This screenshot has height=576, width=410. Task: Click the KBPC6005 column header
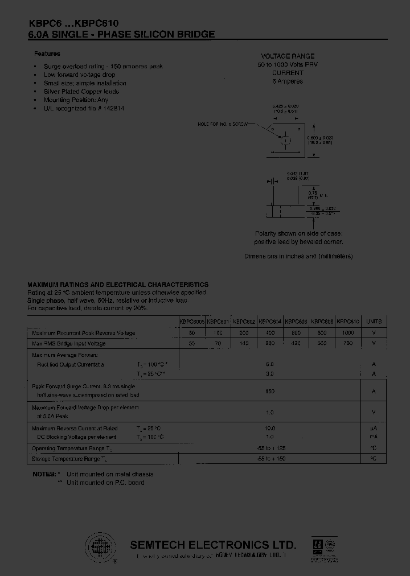(191, 322)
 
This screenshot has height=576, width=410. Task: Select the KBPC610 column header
(347, 322)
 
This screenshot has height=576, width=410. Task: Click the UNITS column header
(374, 322)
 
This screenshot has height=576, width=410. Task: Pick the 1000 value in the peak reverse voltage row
(347, 333)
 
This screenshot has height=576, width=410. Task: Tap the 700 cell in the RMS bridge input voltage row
(347, 344)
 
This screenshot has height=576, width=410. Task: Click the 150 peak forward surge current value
(269, 392)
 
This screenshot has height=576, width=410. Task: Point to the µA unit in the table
(374, 428)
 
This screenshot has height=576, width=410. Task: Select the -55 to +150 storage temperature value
(269, 459)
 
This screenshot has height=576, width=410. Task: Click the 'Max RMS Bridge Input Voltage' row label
(69, 344)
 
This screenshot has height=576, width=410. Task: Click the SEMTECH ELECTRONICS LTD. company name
(214, 544)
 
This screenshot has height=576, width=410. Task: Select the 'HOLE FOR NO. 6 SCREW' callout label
(223, 124)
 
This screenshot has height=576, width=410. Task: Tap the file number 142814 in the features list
(112, 108)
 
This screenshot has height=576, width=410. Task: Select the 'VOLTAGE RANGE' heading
(287, 57)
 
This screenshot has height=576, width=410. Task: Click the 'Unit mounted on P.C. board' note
(105, 483)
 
